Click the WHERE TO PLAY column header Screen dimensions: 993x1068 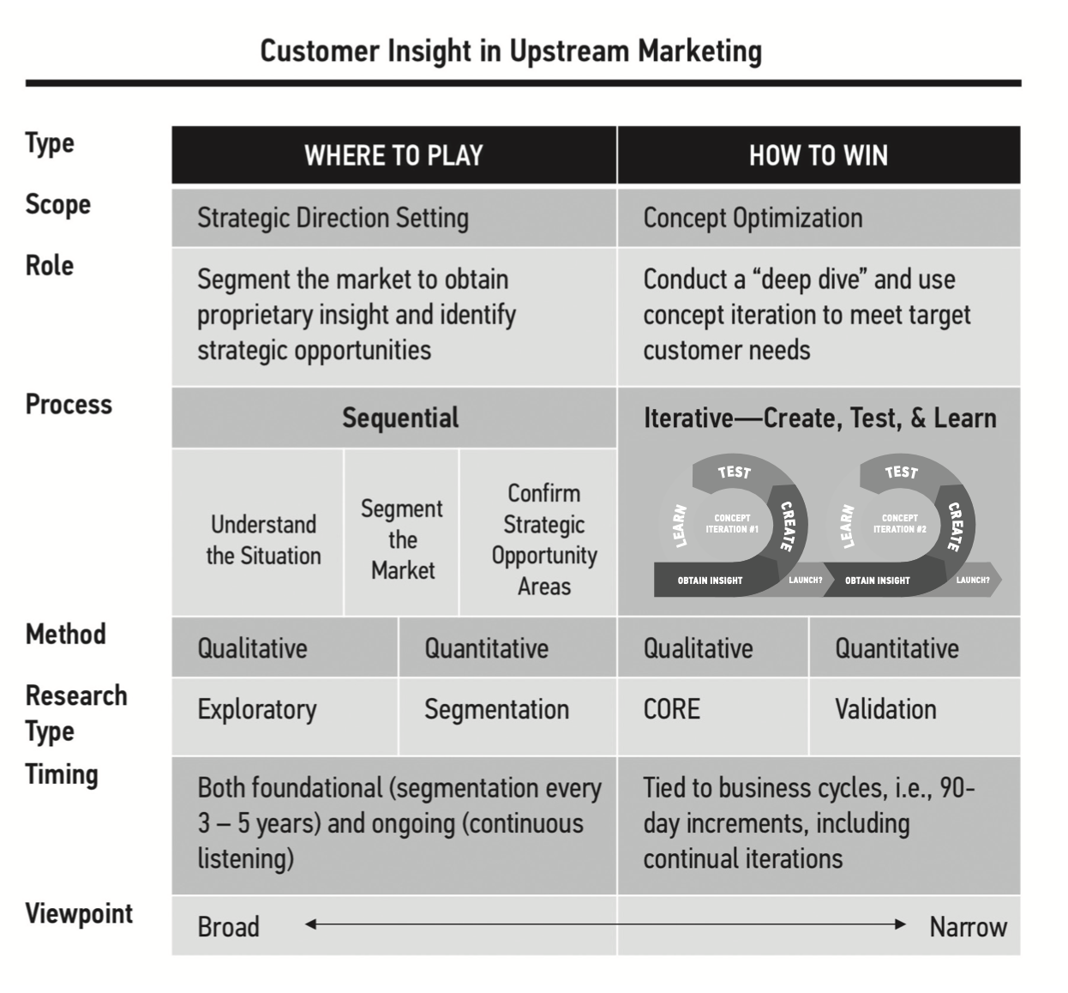click(393, 155)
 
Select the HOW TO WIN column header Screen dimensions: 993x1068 click(818, 155)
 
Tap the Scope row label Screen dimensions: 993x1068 click(57, 205)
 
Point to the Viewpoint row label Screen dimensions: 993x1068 click(79, 913)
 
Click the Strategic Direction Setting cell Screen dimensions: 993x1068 click(333, 218)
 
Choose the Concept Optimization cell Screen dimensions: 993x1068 click(753, 218)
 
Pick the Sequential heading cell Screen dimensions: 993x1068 click(400, 418)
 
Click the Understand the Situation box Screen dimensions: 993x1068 click(263, 539)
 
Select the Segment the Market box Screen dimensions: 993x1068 click(402, 539)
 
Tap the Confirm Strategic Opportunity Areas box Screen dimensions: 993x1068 click(543, 539)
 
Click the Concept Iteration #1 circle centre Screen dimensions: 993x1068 click(732, 523)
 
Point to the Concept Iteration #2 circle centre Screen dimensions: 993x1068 click(899, 523)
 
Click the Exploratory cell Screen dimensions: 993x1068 click(257, 709)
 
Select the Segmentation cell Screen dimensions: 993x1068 click(496, 709)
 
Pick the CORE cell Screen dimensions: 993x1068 click(672, 709)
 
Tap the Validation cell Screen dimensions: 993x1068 click(885, 709)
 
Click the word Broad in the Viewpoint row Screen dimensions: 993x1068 click(228, 927)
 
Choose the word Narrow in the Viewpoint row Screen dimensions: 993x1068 click(968, 927)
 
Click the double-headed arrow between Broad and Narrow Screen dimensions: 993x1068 click(605, 924)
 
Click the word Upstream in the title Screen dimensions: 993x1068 click(569, 51)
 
